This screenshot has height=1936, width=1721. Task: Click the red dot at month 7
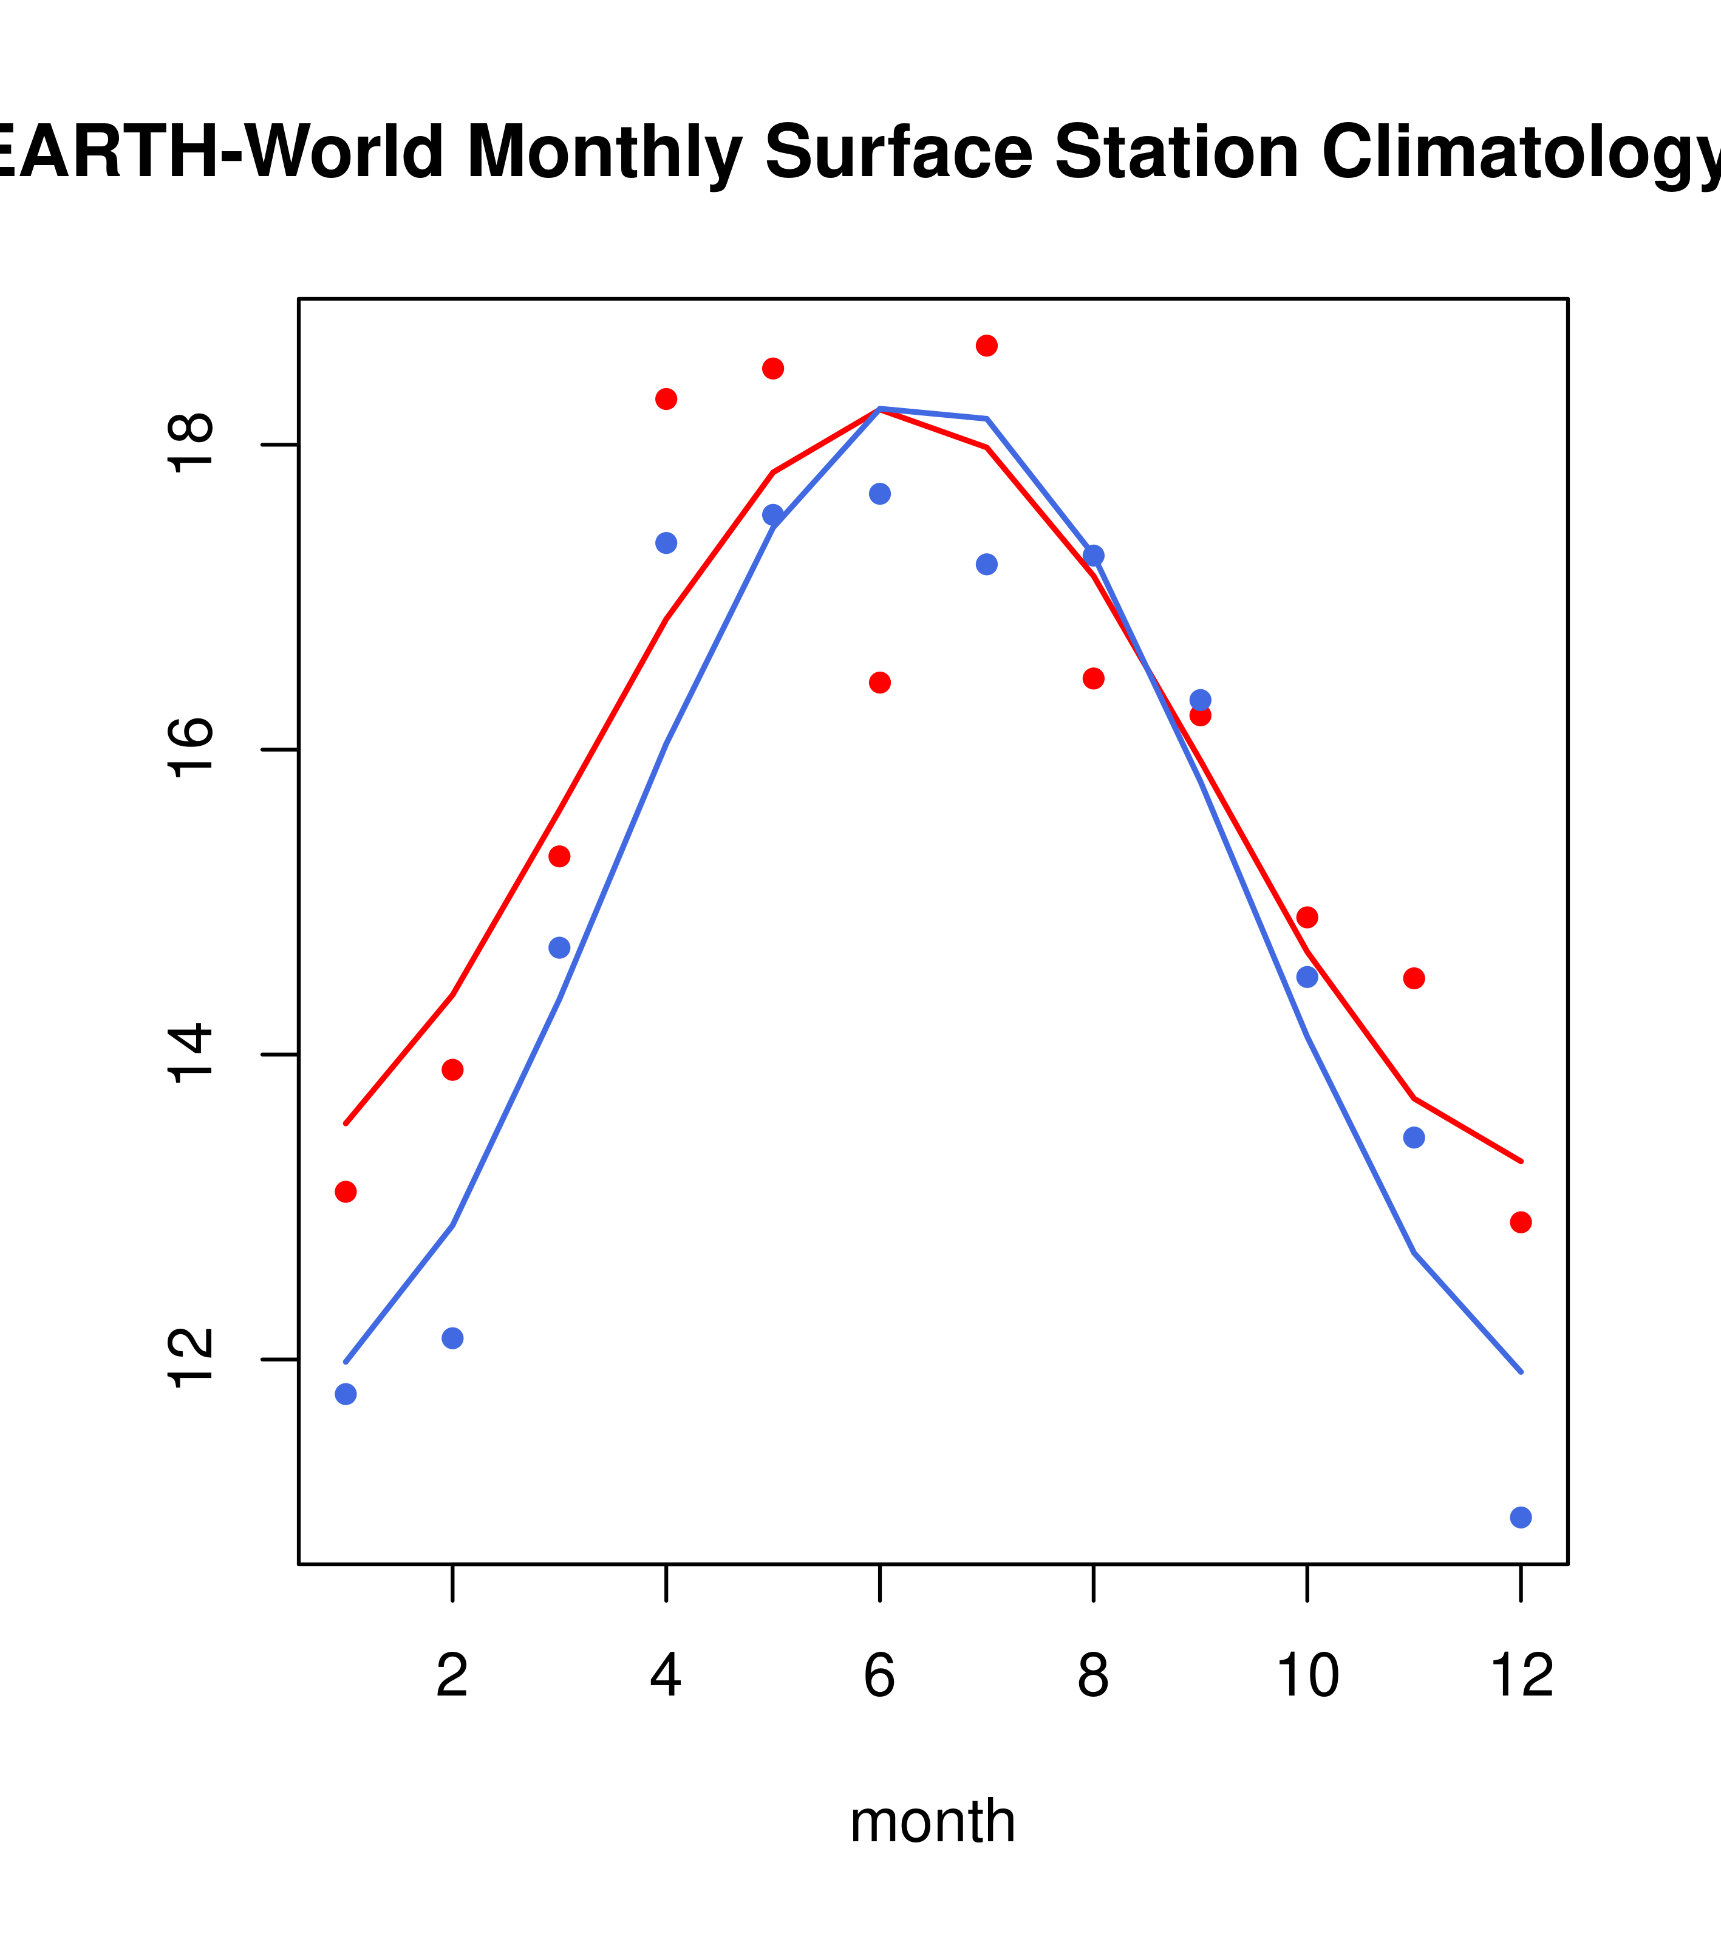pos(986,346)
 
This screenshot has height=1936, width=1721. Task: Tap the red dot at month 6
pos(880,683)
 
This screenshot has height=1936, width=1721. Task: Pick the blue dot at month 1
pos(346,1394)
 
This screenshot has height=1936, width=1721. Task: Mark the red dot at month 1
pos(346,1191)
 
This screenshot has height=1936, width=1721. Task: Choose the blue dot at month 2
pos(453,1338)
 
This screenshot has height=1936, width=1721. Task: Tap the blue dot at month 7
pos(986,565)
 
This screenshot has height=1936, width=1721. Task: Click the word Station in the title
pos(1176,154)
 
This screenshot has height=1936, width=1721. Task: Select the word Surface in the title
pos(898,154)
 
